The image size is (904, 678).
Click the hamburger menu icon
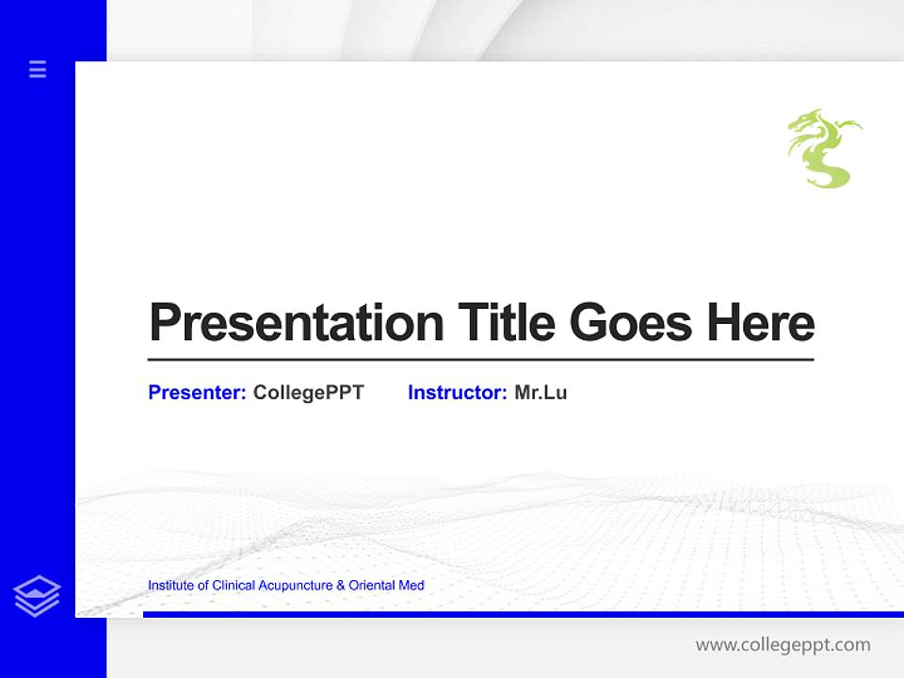38,69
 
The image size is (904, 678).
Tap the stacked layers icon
37,596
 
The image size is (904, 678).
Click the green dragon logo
823,149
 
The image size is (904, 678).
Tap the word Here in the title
760,323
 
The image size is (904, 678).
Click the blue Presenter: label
197,393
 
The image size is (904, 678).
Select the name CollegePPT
308,393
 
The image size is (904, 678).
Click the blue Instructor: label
457,393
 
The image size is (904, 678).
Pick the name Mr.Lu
541,393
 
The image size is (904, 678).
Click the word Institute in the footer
171,586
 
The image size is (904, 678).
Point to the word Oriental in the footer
372,586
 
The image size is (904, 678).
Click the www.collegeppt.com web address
783,645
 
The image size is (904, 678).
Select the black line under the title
480,360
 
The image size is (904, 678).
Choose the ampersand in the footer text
341,586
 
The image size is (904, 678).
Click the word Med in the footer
412,586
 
